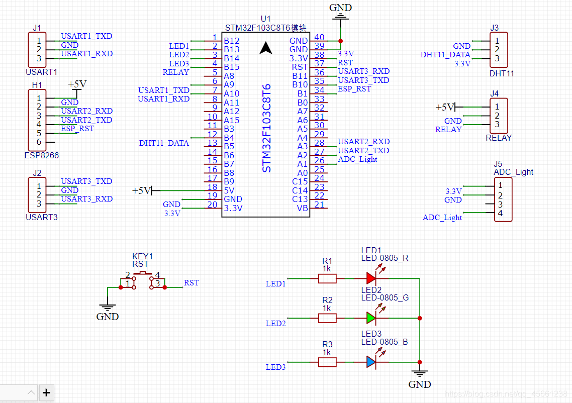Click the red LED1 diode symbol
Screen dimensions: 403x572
tap(371, 278)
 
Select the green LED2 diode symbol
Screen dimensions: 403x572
tap(371, 318)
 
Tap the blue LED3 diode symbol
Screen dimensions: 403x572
tap(371, 362)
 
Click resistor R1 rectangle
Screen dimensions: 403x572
tap(327, 278)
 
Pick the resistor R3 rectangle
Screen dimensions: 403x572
tap(327, 362)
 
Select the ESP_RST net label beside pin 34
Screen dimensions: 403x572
tap(354, 89)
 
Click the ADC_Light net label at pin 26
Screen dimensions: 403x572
tap(357, 159)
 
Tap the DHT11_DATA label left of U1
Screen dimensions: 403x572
tap(164, 143)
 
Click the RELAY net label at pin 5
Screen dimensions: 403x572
tap(176, 72)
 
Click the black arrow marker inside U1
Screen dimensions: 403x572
tap(266, 48)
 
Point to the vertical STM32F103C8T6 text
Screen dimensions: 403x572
tap(267, 128)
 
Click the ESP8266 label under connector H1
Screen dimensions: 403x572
tap(42, 156)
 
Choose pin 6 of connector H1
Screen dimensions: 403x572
tap(39, 142)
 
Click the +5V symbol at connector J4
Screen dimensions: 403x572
tap(445, 107)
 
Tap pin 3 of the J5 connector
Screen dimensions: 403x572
tap(500, 205)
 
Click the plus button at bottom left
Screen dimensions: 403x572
tap(46, 392)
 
